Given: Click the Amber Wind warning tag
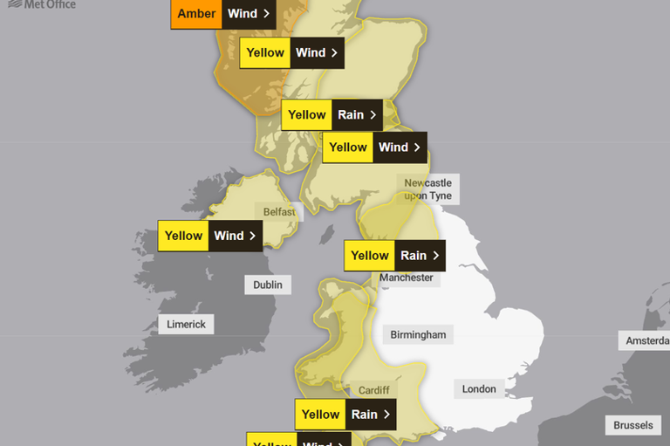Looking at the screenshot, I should [x=222, y=14].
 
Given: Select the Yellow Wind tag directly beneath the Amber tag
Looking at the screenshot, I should [x=291, y=52].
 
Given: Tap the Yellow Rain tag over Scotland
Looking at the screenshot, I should [x=332, y=114].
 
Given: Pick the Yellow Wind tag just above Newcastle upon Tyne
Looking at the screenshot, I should [x=374, y=148].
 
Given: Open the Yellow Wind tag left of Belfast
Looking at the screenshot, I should [x=210, y=236].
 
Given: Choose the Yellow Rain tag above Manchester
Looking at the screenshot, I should [x=394, y=256].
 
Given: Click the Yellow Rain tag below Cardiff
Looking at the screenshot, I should [x=345, y=415].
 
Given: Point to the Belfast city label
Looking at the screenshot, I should [x=279, y=211].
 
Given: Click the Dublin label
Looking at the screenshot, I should [x=268, y=285].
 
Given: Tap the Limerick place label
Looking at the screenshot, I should [x=187, y=324].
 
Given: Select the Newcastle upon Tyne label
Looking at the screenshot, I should [x=427, y=189].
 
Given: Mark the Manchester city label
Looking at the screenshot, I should [x=406, y=278].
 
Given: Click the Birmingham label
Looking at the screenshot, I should [x=418, y=334].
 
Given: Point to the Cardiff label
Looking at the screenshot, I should [x=373, y=390].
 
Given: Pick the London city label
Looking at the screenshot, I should [x=479, y=388].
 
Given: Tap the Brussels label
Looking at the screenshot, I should [x=632, y=425].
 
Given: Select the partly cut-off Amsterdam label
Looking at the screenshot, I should [x=645, y=340].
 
